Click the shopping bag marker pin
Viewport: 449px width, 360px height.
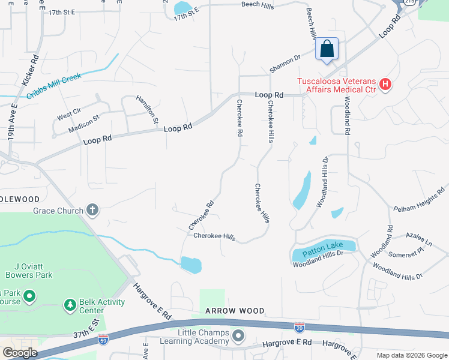327,49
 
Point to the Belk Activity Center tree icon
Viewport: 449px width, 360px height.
70,305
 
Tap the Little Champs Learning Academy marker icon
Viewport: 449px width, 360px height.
238,336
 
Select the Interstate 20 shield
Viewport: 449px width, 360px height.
300,327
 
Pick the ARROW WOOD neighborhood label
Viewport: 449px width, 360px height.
235,311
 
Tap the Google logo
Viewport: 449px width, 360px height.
19,353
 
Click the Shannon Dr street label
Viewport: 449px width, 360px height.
285,64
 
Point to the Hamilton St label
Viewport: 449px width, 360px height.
147,110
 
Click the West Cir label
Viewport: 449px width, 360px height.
69,112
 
